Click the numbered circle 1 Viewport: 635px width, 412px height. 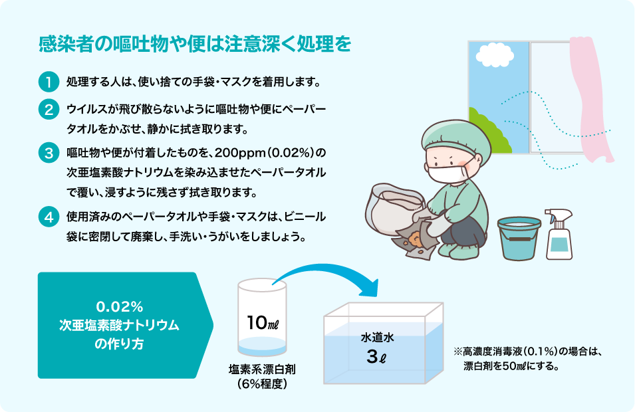coord(49,82)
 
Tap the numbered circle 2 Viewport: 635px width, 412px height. coord(49,109)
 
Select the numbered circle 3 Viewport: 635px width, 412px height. coord(49,153)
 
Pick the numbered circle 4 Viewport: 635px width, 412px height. coord(49,217)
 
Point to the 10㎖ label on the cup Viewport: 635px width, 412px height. coord(263,322)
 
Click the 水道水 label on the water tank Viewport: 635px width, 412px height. coord(377,338)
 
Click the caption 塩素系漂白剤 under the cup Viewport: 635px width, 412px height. coord(262,369)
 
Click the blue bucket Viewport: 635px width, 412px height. coord(519,238)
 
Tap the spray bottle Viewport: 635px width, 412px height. coord(559,235)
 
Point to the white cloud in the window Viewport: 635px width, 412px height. coord(495,55)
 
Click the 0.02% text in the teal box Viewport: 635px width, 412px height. coord(120,307)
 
